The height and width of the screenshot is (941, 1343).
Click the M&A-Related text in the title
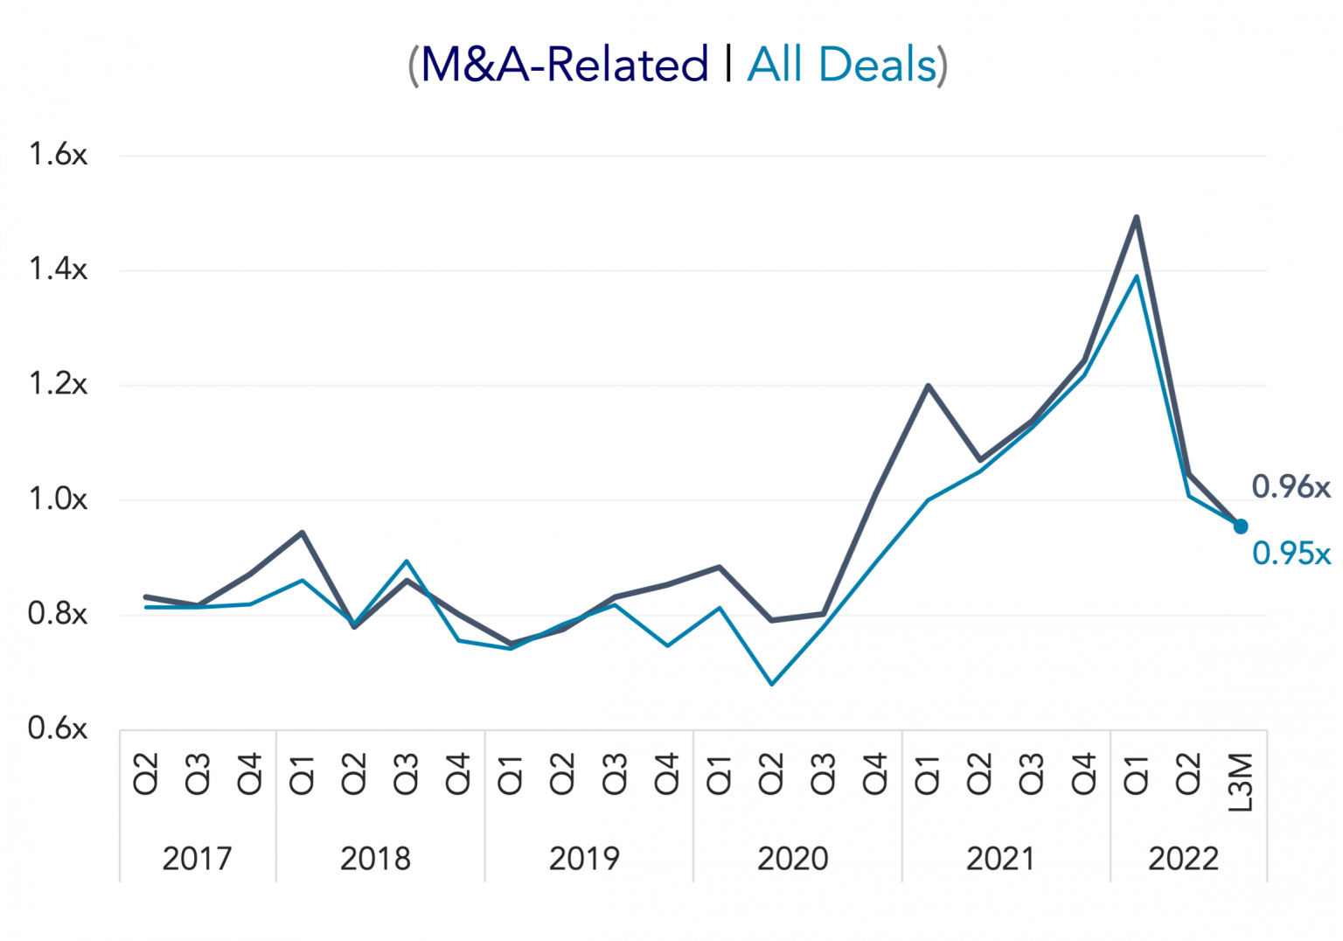564,65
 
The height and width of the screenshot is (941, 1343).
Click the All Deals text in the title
842,65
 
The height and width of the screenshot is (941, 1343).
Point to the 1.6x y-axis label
58,155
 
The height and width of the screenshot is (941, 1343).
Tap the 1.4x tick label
58,269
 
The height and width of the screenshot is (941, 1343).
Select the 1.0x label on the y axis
58,499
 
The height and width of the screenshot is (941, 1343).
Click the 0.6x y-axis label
58,728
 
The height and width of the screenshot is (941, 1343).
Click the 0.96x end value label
1291,486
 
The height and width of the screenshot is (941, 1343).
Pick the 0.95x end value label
1291,554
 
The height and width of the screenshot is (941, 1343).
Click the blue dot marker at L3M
1241,526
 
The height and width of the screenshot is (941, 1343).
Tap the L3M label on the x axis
1241,782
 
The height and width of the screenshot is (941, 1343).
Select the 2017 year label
197,859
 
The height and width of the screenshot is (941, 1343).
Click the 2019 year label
584,859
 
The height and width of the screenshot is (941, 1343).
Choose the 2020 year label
792,859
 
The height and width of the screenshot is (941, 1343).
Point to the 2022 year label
1183,859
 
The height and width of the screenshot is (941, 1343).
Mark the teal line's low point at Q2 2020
771,684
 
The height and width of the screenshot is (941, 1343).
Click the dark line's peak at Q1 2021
928,386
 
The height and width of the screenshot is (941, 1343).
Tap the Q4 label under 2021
1084,774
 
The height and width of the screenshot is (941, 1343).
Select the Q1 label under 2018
302,774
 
